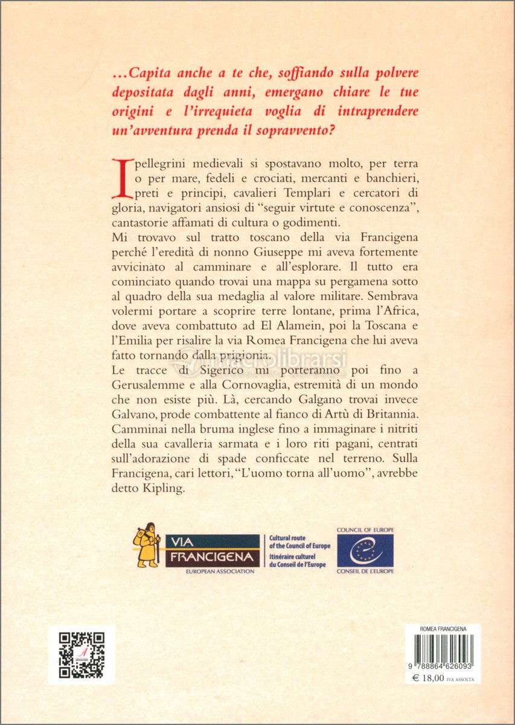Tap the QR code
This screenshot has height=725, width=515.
[x=81, y=655]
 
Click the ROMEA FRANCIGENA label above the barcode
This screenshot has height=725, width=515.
[x=443, y=629]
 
